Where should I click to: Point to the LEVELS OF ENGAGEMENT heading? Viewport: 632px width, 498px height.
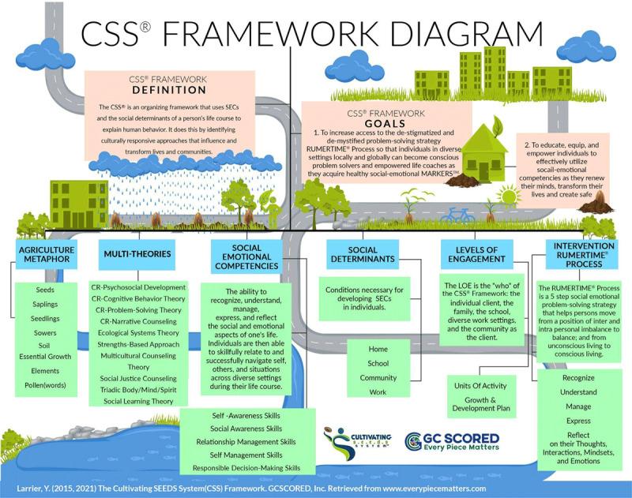tap(476, 254)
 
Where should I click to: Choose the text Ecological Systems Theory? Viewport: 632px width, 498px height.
tap(138, 333)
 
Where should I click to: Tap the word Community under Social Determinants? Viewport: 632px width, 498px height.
tap(378, 377)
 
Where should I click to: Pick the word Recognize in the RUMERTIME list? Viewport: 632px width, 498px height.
tap(578, 378)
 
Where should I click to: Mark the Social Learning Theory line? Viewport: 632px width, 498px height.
tap(137, 402)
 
